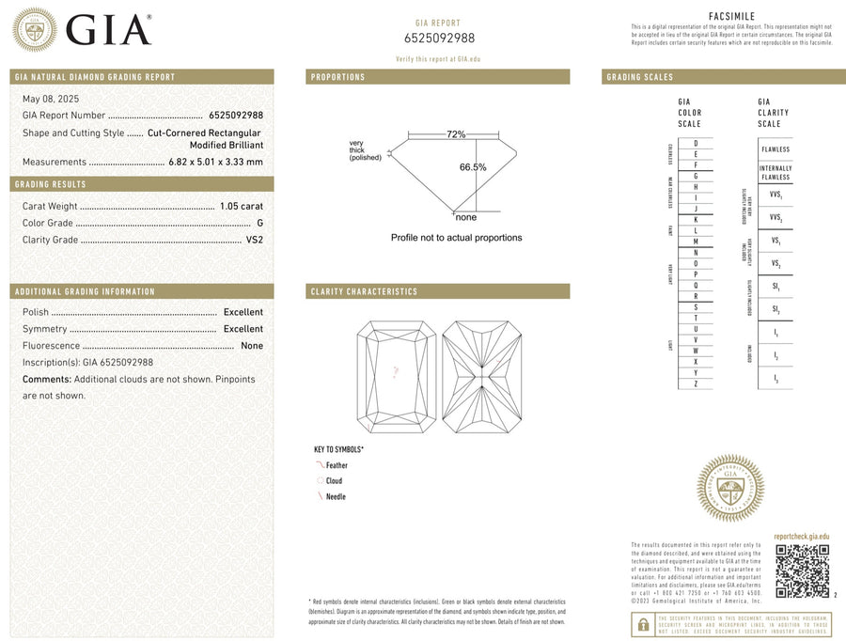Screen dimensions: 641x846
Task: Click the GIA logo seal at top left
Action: click(x=34, y=29)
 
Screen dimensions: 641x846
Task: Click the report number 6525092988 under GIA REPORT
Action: click(x=439, y=39)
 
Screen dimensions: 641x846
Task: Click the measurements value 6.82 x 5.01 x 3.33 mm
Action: click(x=215, y=162)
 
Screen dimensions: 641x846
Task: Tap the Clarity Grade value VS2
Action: click(x=254, y=240)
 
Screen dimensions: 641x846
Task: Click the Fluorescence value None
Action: click(x=252, y=346)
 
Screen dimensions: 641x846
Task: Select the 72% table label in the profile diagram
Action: click(x=456, y=134)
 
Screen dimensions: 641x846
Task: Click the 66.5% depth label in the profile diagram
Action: click(x=473, y=167)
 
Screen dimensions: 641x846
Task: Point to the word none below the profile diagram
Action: click(x=466, y=218)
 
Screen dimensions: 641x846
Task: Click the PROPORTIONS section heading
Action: click(x=338, y=77)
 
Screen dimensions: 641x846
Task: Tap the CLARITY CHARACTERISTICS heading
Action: click(x=364, y=291)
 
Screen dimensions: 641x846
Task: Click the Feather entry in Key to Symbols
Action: click(x=336, y=465)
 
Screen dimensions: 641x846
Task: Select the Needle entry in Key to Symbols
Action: click(x=335, y=496)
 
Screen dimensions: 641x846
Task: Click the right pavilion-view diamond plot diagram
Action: click(x=481, y=378)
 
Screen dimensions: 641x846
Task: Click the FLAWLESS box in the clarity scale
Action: click(x=775, y=149)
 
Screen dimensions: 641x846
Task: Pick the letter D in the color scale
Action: click(x=695, y=142)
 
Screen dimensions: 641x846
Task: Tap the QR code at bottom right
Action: click(x=802, y=571)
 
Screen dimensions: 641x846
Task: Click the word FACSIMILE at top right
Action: click(x=732, y=16)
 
